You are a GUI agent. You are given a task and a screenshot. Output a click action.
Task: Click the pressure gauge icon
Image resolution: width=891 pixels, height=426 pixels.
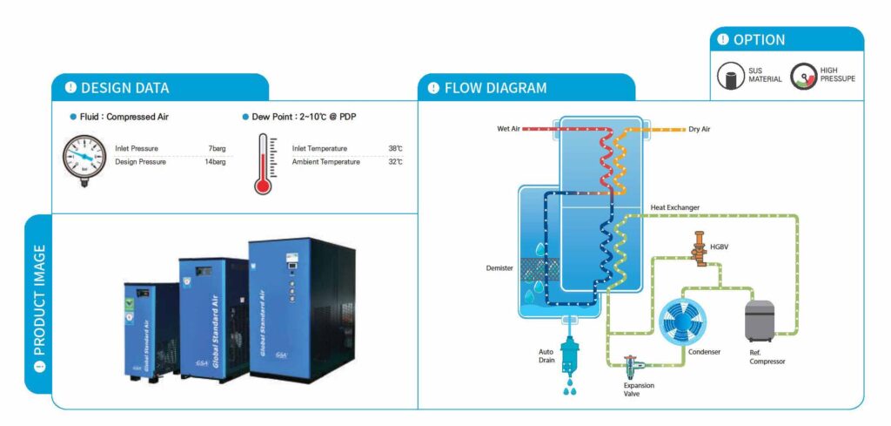[x=84, y=158]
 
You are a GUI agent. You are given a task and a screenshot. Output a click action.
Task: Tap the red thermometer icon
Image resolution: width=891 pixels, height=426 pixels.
[x=264, y=164]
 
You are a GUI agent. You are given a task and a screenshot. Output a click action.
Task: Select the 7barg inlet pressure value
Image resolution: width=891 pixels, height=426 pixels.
[x=217, y=148]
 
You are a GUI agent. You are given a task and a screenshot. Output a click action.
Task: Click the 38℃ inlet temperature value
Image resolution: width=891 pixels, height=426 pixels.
[x=395, y=148]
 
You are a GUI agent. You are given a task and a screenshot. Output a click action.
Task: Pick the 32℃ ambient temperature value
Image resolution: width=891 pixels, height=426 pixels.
[x=395, y=162]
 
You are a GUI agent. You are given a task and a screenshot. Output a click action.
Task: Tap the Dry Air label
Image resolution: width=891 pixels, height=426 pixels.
[x=700, y=129]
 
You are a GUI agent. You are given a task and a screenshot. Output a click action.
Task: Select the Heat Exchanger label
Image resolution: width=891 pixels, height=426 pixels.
[x=675, y=207]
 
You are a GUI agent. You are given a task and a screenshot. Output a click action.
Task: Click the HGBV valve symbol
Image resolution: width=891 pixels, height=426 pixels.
[x=698, y=247]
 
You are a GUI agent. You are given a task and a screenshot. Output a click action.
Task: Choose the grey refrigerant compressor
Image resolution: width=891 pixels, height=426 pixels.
[x=760, y=321]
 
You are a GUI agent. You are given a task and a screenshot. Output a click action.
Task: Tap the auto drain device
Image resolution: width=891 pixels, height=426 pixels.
[x=569, y=353]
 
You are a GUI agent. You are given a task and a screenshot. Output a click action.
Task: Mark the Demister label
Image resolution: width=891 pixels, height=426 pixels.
[x=499, y=268]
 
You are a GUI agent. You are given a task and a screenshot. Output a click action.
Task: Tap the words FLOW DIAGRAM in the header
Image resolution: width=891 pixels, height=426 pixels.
[x=495, y=88]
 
